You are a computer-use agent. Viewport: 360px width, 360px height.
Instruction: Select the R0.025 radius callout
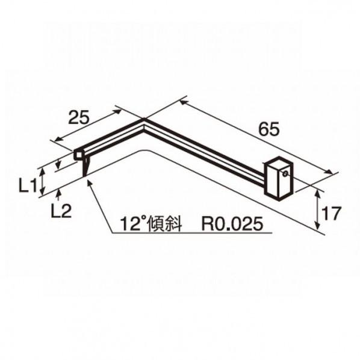[x=232, y=225]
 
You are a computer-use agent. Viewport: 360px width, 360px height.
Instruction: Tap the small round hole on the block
[x=285, y=172]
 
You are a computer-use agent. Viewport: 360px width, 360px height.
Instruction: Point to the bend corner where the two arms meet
[x=143, y=121]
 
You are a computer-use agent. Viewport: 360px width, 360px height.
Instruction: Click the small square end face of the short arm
[x=78, y=156]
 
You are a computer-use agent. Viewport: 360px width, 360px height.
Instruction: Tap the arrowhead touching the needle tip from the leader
[x=90, y=184]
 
